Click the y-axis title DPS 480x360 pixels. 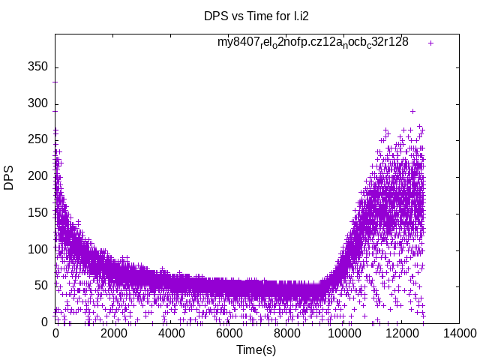(9, 178)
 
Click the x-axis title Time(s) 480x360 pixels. (256, 349)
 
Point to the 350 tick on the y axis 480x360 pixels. (38, 66)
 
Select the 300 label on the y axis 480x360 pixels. (38, 103)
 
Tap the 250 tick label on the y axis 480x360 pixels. (38, 139)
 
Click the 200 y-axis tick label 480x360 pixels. (38, 176)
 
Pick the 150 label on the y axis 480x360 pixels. (38, 213)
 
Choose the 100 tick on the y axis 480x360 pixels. (38, 249)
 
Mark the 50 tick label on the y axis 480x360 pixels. (41, 286)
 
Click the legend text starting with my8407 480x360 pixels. (313, 43)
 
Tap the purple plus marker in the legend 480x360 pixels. (430, 43)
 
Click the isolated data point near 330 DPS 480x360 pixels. (55, 81)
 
